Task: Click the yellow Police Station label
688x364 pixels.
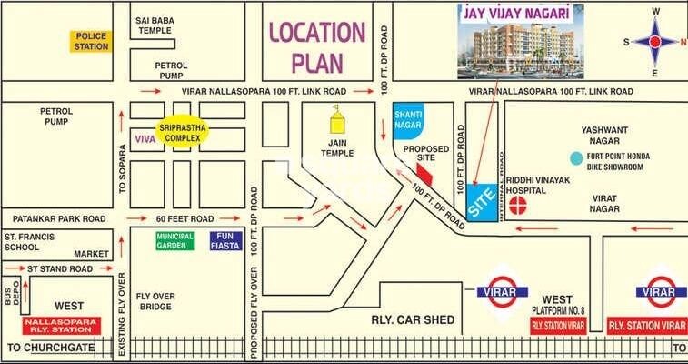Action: [x=92, y=41]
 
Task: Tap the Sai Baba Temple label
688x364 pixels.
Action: [x=155, y=25]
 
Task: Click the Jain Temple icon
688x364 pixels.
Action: [x=338, y=120]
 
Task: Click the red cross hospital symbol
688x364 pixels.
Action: [x=518, y=204]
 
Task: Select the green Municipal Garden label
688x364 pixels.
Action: [x=174, y=241]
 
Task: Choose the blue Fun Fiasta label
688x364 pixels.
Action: [x=225, y=241]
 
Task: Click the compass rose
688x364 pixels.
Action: [x=654, y=41]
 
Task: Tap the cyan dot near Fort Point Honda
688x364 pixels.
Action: [x=575, y=157]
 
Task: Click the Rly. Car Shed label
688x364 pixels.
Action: [x=407, y=319]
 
